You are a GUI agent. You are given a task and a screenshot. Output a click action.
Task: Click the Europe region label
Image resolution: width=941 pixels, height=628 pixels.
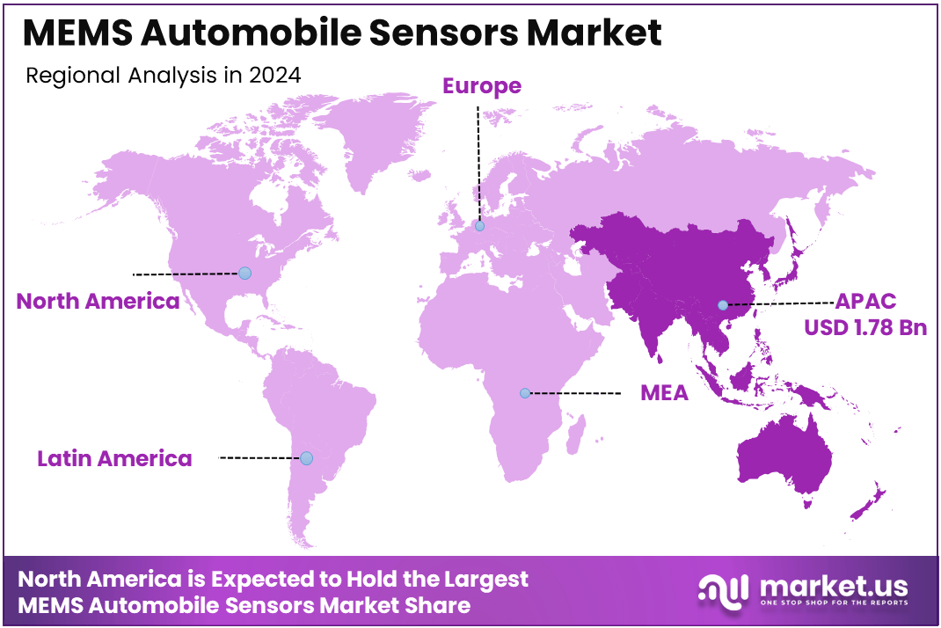(x=481, y=86)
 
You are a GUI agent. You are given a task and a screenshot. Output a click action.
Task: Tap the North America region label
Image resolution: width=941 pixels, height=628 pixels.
(x=98, y=302)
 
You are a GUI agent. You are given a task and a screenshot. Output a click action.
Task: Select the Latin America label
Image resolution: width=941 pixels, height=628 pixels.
(x=114, y=458)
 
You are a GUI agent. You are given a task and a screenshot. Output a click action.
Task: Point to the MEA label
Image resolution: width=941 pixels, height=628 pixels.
(x=664, y=393)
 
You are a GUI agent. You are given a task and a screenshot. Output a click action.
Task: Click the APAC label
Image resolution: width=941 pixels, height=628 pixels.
(x=865, y=302)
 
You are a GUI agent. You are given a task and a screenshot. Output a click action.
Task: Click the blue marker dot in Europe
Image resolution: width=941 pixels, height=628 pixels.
(x=479, y=226)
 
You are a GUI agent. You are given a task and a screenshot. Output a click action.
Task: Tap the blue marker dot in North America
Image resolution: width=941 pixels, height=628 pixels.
(x=244, y=273)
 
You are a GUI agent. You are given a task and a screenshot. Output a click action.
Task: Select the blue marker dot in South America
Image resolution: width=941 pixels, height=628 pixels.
(x=306, y=458)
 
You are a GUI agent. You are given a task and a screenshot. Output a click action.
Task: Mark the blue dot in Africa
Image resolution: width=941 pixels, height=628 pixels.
(x=525, y=393)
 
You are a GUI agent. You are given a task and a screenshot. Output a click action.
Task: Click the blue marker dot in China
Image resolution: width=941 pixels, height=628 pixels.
(x=722, y=305)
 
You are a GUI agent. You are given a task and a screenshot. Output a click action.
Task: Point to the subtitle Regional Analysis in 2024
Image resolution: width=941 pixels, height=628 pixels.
(x=164, y=76)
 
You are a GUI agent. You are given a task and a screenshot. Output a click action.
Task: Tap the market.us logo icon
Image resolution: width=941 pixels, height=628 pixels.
(x=722, y=589)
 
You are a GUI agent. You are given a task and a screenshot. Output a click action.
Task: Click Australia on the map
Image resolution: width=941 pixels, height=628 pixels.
(x=787, y=453)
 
